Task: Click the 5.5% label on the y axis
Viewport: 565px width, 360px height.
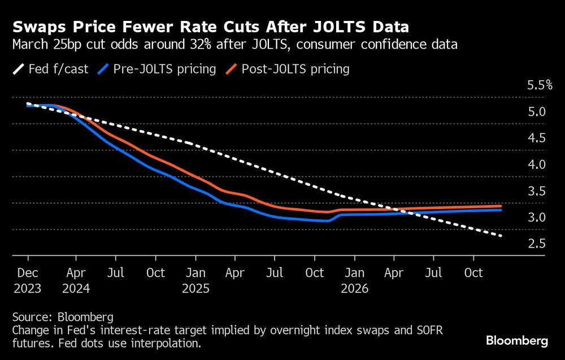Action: point(539,85)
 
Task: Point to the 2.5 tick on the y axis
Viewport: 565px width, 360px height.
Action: point(536,244)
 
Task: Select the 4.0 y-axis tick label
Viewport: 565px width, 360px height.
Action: point(536,164)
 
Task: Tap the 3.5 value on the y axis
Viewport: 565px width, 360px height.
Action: point(536,191)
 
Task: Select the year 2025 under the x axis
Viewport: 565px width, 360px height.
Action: point(196,288)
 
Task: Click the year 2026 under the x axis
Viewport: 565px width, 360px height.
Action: point(355,288)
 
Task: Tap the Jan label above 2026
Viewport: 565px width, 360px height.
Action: point(355,273)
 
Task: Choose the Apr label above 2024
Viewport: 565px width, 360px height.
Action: point(76,273)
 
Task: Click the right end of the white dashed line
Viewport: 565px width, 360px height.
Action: point(501,236)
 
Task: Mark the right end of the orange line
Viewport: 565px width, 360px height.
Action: point(501,206)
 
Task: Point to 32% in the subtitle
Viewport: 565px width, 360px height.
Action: point(202,45)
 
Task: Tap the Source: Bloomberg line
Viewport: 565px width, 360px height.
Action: point(62,316)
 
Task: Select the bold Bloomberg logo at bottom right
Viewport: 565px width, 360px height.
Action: point(516,341)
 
